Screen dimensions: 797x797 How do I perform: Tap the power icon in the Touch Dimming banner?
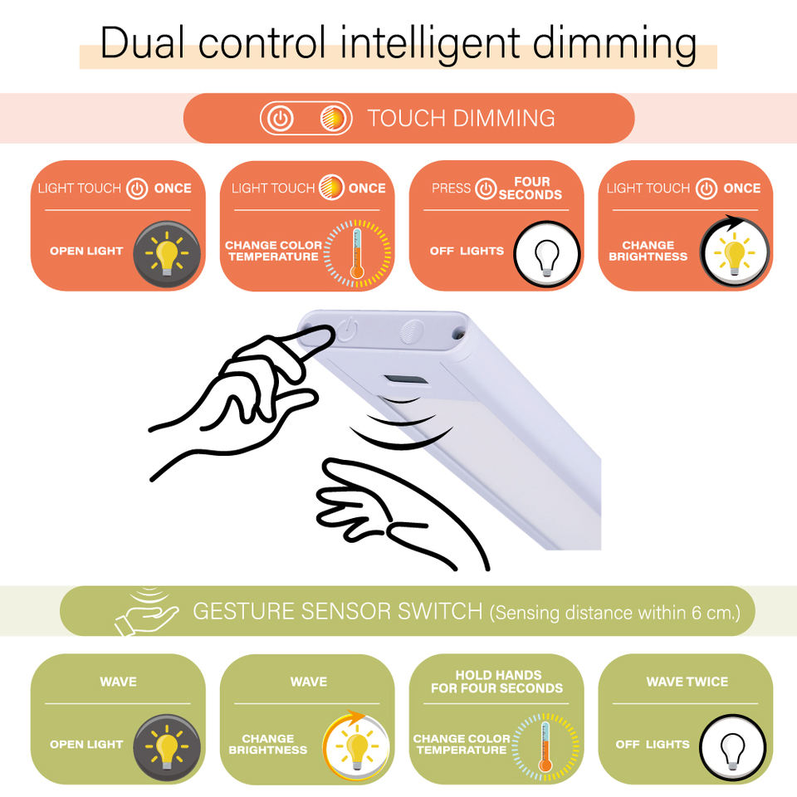point(281,119)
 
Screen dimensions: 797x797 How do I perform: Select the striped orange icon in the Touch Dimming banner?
point(332,119)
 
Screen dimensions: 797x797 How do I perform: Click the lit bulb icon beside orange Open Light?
point(165,251)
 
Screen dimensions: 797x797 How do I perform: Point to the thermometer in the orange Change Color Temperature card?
point(358,252)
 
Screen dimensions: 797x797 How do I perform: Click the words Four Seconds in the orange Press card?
point(531,188)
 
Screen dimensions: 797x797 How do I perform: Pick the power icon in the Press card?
point(486,189)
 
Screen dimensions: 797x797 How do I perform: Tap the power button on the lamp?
point(349,330)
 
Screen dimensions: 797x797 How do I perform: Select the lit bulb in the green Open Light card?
point(165,745)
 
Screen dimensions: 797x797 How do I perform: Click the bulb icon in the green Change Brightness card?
point(356,744)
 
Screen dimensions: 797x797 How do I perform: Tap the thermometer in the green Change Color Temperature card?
point(545,745)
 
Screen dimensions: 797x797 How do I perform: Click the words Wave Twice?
point(687,682)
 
